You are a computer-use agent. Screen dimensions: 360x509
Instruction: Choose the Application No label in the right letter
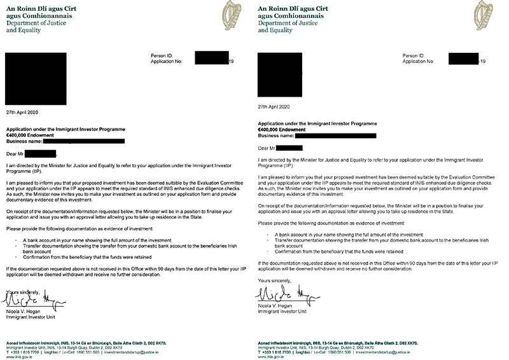click(x=421, y=61)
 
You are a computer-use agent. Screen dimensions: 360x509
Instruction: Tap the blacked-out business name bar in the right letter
click(x=337, y=134)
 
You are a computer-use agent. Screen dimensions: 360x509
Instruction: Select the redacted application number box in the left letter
click(x=211, y=61)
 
